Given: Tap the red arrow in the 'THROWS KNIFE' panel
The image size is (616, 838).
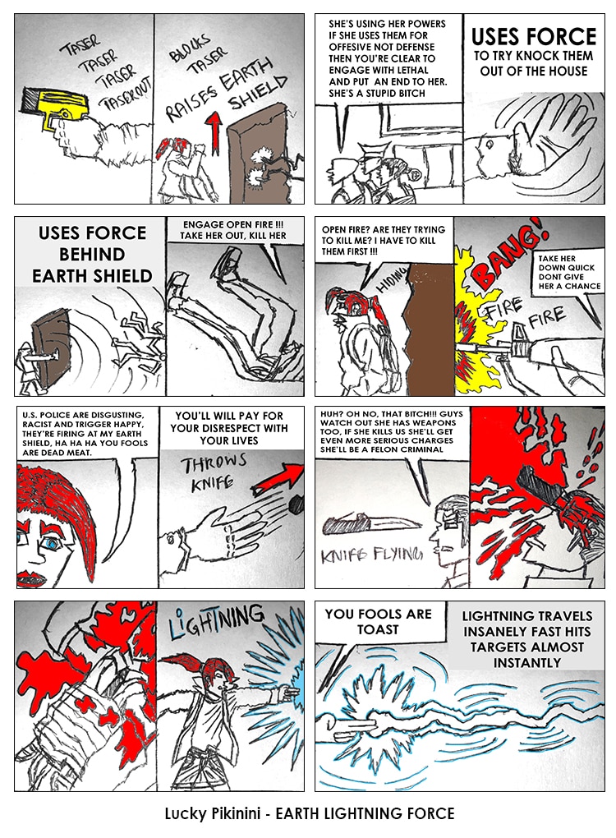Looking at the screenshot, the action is point(278,479).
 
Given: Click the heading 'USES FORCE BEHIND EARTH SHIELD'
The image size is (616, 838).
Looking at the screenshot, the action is point(92,255).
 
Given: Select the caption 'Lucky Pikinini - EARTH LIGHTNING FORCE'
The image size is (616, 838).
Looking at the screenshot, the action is point(310,813).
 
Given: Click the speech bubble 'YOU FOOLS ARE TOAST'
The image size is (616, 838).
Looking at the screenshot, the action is point(378,622).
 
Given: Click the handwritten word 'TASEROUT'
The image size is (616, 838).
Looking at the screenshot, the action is point(127,94).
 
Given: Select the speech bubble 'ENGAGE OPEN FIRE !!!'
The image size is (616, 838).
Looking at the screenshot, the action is point(233,230).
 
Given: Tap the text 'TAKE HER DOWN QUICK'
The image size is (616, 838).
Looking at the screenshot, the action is point(567,263).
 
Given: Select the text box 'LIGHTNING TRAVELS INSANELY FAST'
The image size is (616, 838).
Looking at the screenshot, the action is point(526,639).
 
